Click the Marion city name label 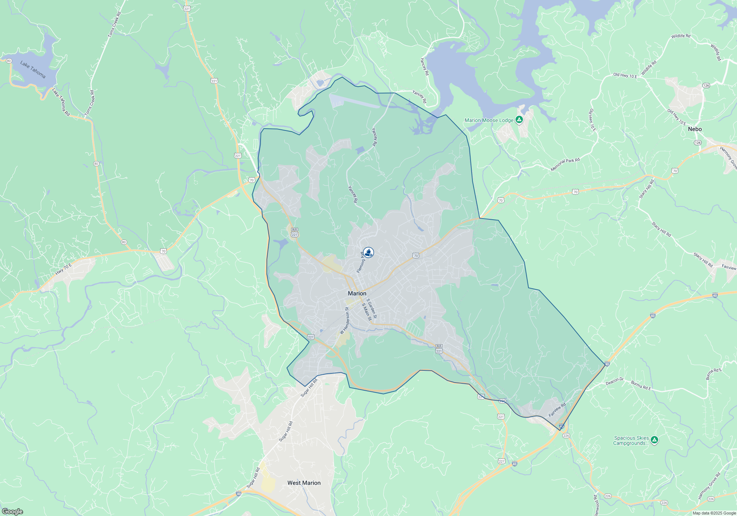357,293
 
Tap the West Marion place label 304,483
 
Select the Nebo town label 695,129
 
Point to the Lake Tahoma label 33,69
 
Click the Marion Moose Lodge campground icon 519,119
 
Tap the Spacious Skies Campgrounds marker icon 654,440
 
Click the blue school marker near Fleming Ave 368,252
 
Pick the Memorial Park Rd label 565,165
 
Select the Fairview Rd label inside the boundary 557,410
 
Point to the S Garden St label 372,308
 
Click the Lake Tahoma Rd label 61,102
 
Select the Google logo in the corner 12,511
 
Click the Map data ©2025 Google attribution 714,513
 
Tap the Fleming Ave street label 361,262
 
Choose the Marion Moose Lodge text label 489,120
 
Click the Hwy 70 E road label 63,269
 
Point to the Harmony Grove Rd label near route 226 709,486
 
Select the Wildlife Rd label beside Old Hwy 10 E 649,68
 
